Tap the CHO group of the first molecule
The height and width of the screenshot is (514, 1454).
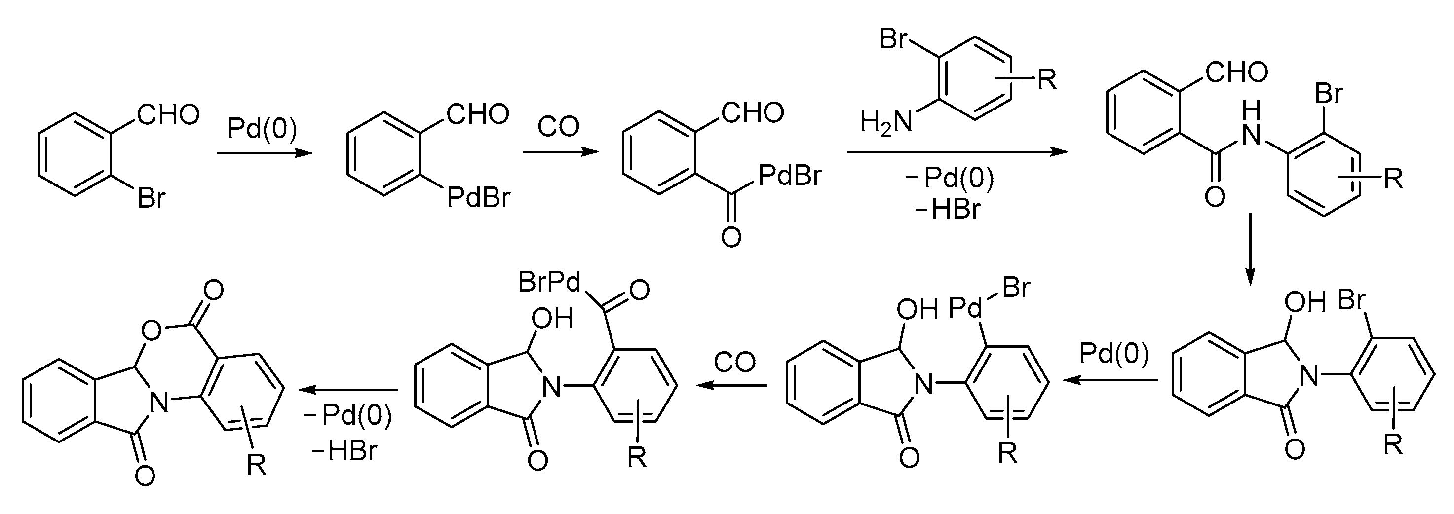[169, 114]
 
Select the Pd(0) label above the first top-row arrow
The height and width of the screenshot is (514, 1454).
[262, 129]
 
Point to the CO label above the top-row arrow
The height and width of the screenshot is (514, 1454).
[558, 127]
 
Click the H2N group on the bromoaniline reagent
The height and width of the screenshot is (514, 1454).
[885, 122]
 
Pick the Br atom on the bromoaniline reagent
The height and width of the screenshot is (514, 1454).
[893, 39]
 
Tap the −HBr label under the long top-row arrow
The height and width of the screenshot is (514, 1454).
[948, 210]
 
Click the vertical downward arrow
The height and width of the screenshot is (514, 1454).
[1250, 248]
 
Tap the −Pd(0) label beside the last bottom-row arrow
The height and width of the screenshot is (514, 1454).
[348, 416]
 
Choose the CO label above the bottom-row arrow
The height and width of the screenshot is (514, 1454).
[734, 362]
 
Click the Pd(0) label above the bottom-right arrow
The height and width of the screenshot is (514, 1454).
[1113, 354]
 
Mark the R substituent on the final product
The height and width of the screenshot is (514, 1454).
[257, 466]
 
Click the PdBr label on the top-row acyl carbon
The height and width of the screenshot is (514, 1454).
[790, 176]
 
